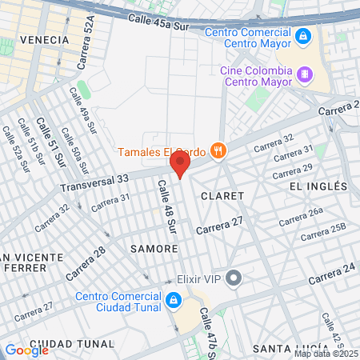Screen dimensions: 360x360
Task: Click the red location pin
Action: pyautogui.click(x=180, y=165)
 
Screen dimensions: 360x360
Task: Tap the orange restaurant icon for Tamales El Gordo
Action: pyautogui.click(x=218, y=150)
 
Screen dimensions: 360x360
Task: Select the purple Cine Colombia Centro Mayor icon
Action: pyautogui.click(x=303, y=75)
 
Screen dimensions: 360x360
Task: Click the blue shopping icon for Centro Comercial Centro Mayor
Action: pyautogui.click(x=302, y=37)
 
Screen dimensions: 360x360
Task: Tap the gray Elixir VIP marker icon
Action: pyautogui.click(x=234, y=278)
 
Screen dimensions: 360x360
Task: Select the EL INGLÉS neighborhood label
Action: pyautogui.click(x=318, y=186)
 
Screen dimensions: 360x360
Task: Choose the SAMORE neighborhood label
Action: pyautogui.click(x=154, y=249)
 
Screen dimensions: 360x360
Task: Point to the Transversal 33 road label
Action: pyautogui.click(x=94, y=185)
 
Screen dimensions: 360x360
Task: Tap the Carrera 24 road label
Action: pyautogui.click(x=330, y=273)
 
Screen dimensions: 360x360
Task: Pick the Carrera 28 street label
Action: pyautogui.click(x=86, y=263)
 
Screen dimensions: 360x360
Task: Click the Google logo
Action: pyautogui.click(x=26, y=350)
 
